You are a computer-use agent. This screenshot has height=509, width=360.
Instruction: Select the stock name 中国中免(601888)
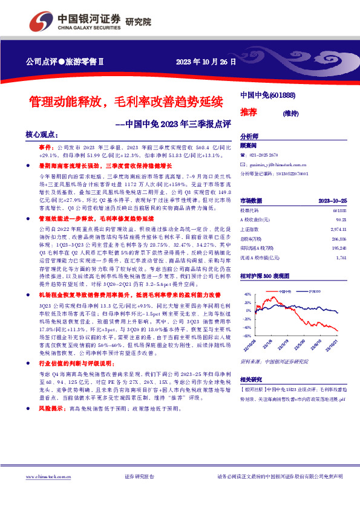(x=267, y=96)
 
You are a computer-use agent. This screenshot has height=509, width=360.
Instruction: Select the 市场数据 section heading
(x=250, y=200)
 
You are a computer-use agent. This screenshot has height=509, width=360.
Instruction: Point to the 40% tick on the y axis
(x=247, y=294)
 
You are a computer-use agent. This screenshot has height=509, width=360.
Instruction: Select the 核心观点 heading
(x=42, y=135)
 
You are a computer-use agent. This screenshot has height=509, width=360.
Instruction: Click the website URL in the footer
(x=44, y=493)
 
